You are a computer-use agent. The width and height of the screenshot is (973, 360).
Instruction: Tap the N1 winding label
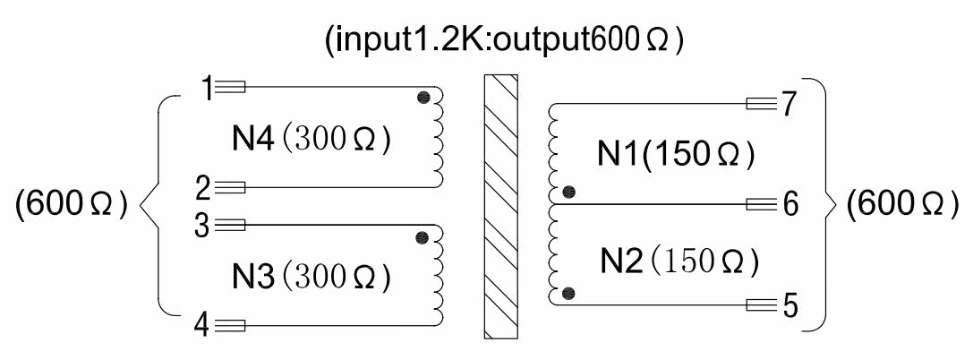click(x=618, y=156)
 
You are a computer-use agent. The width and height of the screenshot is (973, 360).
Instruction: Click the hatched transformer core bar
click(x=500, y=206)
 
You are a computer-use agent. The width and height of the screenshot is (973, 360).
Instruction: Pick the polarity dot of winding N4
click(x=423, y=98)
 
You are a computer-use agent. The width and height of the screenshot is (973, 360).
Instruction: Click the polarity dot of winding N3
click(x=422, y=237)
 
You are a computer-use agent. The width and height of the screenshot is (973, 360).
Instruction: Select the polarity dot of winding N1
click(x=568, y=192)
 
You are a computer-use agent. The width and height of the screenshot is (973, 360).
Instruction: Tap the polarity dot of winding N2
click(x=568, y=293)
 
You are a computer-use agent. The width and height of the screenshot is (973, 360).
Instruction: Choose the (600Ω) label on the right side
click(x=896, y=205)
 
